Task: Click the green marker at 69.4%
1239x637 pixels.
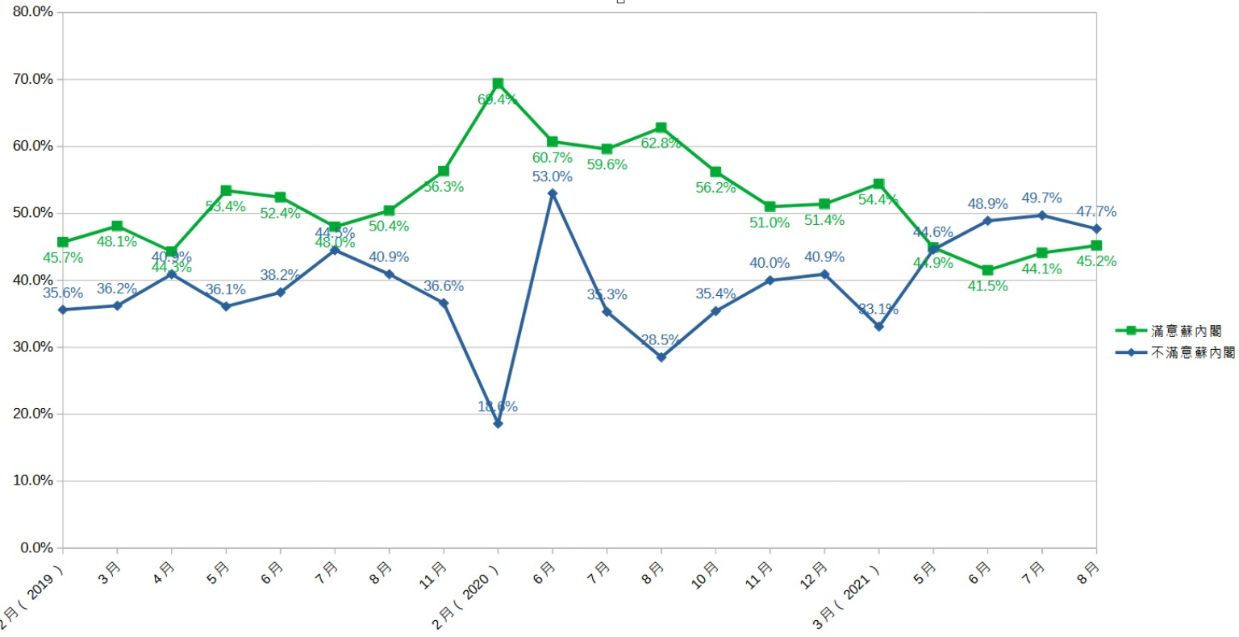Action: pos(498,84)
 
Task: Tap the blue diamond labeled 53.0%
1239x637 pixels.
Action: pos(553,194)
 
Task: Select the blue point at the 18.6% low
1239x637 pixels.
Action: pos(498,423)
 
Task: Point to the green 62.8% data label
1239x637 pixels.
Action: pos(661,144)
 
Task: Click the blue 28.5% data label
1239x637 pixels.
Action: pos(661,340)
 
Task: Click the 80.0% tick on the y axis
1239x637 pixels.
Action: pos(33,12)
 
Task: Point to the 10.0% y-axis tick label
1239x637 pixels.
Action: pos(33,481)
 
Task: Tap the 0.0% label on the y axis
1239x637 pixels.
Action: pos(36,547)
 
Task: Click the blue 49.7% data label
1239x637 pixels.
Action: pos(1041,198)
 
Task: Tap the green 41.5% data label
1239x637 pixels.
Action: pos(987,286)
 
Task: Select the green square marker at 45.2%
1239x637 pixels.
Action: pos(1096,246)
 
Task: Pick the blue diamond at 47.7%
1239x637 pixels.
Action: pos(1096,229)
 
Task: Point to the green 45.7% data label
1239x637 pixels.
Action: pos(63,258)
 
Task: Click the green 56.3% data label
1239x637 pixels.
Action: pos(444,187)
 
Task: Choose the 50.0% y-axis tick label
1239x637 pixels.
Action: pos(33,213)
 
